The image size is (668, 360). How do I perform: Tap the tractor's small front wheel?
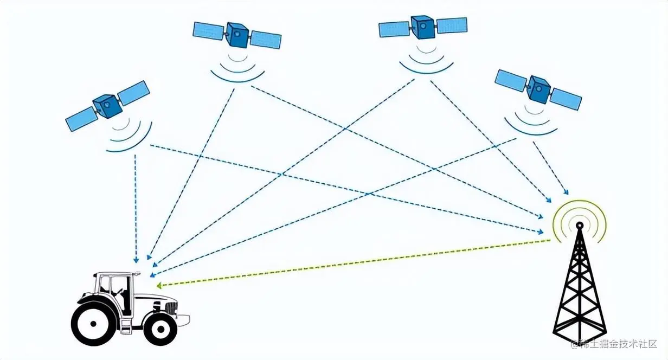tap(159, 328)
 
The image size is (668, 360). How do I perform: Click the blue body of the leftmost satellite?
tap(106, 106)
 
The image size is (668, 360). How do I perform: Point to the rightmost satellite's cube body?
tap(538, 90)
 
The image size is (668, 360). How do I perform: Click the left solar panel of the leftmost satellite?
tap(81, 119)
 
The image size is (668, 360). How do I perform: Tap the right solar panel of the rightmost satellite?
tap(566, 100)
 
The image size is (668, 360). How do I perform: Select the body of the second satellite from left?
tap(237, 35)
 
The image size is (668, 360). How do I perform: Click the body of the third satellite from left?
tap(422, 27)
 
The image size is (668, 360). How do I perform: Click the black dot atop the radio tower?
tap(579, 224)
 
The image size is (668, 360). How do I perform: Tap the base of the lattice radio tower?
tap(579, 333)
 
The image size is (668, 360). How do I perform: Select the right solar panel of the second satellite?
tap(266, 39)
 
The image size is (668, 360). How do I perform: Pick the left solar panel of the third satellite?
tap(394, 29)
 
